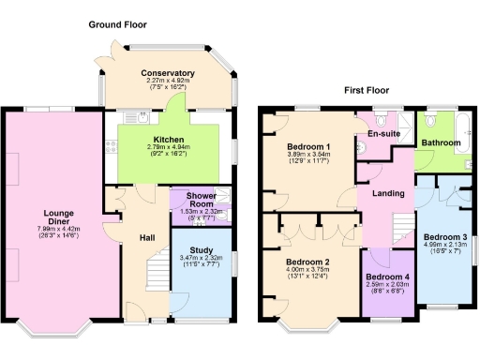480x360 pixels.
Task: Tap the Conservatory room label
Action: click(168, 73)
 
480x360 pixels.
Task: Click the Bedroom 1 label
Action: click(308, 147)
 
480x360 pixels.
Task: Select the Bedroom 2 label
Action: click(308, 262)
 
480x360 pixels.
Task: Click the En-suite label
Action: click(384, 135)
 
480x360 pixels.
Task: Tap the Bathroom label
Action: click(441, 142)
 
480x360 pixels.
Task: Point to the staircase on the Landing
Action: click(402, 225)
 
